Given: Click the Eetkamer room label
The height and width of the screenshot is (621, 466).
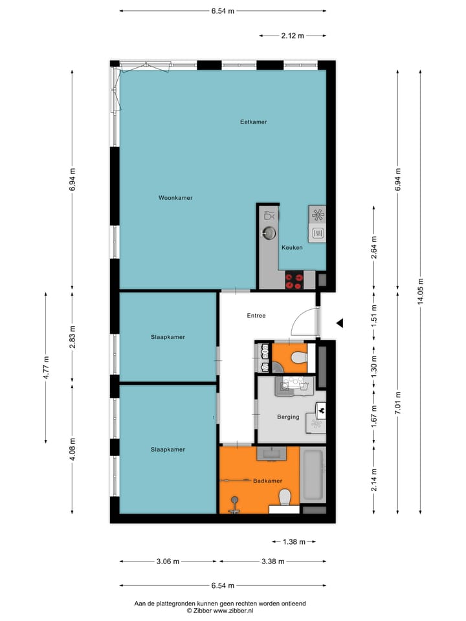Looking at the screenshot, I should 253,122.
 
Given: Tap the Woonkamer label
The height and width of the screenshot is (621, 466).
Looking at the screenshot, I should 175,198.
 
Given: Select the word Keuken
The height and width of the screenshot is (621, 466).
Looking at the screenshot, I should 292,247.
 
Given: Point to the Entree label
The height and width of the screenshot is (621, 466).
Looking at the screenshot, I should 256,316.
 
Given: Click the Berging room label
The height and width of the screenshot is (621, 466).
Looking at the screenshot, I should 288,417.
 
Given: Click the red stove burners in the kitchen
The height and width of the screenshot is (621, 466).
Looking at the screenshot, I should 294,281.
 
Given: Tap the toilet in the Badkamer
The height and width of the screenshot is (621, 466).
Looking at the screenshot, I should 284,498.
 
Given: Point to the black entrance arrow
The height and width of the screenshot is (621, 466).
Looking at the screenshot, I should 338,323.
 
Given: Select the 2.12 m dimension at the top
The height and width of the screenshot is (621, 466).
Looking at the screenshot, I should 293,36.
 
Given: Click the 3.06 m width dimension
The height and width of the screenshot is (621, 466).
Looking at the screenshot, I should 168,561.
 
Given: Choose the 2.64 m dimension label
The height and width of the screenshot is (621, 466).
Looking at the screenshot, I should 373,247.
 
